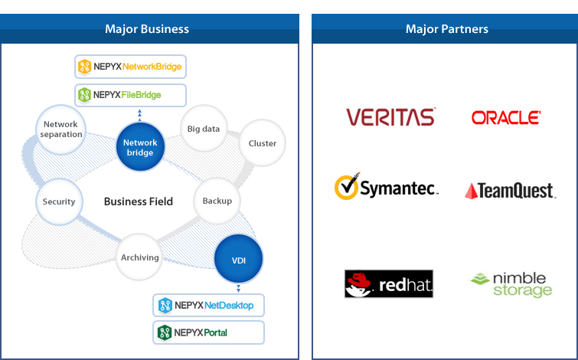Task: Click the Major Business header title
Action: (x=147, y=29)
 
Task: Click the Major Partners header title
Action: (x=447, y=29)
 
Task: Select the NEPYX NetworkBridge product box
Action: (x=130, y=67)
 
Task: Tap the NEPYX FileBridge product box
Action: (x=130, y=95)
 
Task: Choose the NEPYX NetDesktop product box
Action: (x=208, y=306)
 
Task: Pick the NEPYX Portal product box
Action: (x=208, y=332)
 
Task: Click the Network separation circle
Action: (x=62, y=129)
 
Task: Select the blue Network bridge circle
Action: (x=140, y=147)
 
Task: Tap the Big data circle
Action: (x=204, y=129)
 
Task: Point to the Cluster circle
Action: (x=263, y=143)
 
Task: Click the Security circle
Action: (x=59, y=201)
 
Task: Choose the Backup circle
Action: (x=217, y=201)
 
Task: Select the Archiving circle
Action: (x=139, y=257)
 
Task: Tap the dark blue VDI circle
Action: (x=239, y=260)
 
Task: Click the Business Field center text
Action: (x=139, y=201)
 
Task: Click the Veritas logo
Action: (x=390, y=117)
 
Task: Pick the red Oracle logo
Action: (x=506, y=117)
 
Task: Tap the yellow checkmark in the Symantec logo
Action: (x=347, y=186)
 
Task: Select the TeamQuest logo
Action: (x=510, y=190)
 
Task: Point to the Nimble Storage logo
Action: (x=511, y=283)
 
